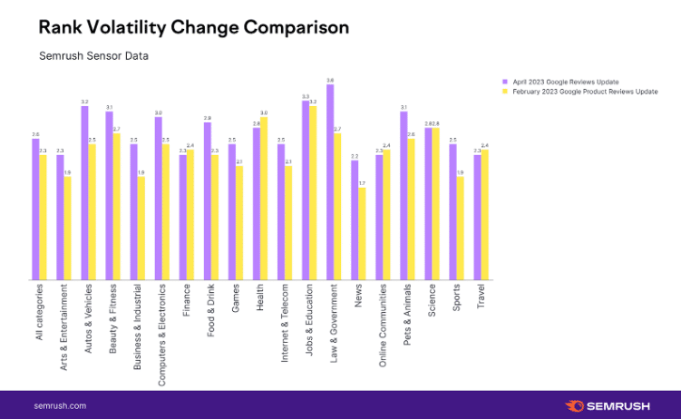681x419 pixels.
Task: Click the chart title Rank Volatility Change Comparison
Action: pyautogui.click(x=192, y=27)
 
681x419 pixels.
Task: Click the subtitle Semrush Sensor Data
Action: pyautogui.click(x=93, y=55)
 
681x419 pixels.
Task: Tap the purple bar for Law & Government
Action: pyautogui.click(x=330, y=181)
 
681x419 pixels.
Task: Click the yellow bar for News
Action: pyautogui.click(x=362, y=234)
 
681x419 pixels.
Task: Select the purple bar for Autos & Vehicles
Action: pyautogui.click(x=84, y=193)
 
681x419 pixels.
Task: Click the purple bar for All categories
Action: pyautogui.click(x=35, y=209)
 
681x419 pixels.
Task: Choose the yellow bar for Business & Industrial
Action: pyautogui.click(x=141, y=229)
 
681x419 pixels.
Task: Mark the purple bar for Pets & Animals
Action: pyautogui.click(x=404, y=196)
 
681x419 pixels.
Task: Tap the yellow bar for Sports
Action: pyautogui.click(x=461, y=229)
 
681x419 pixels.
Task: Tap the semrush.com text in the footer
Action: pyautogui.click(x=60, y=405)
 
